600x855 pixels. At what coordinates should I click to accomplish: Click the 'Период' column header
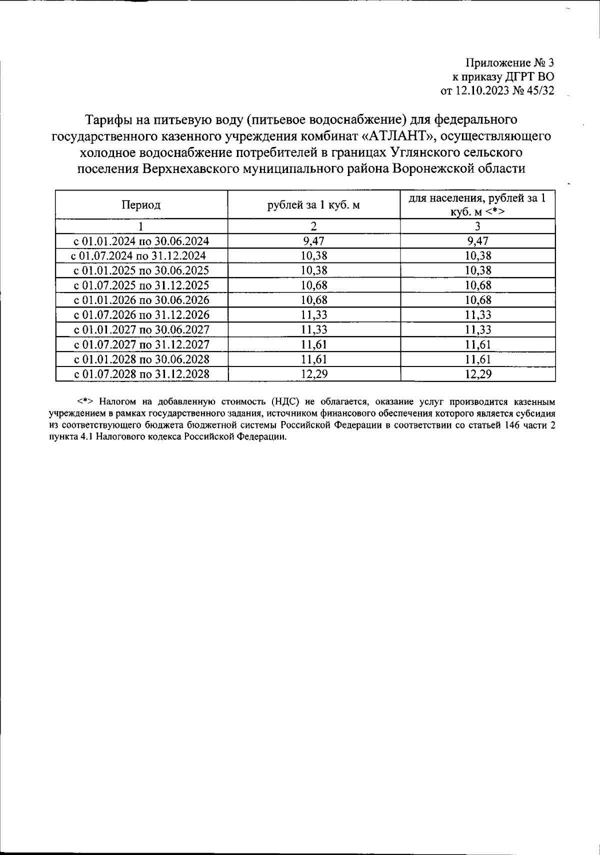click(141, 205)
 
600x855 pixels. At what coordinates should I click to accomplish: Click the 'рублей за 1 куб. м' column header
click(313, 205)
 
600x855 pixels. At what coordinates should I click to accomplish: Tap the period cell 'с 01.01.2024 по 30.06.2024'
click(141, 241)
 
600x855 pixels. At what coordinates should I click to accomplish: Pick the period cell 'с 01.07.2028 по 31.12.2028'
click(141, 374)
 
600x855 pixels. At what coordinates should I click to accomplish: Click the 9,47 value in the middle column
click(313, 241)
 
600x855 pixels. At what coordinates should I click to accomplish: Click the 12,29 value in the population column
click(477, 374)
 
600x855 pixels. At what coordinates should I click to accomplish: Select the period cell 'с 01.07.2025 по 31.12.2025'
click(141, 285)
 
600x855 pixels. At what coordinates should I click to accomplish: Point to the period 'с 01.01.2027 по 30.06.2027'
click(141, 330)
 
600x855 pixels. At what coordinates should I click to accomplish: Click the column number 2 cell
click(313, 226)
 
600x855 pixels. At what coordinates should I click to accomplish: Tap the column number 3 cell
click(477, 226)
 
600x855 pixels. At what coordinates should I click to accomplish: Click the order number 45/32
click(540, 91)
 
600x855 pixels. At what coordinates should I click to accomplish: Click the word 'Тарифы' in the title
click(108, 120)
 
